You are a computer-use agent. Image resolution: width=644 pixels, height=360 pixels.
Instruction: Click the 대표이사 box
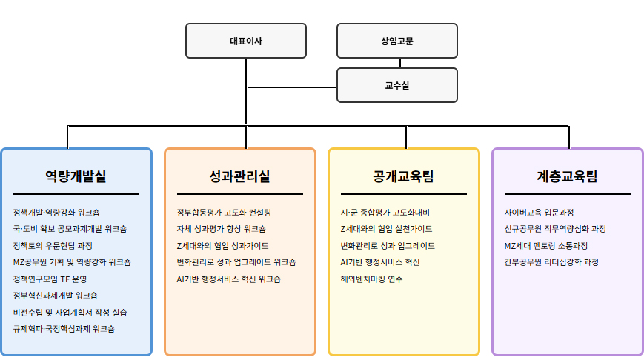pos(245,41)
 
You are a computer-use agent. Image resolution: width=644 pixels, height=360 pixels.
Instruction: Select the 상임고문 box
pos(397,41)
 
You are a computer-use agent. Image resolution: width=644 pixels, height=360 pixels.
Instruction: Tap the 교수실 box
pos(397,85)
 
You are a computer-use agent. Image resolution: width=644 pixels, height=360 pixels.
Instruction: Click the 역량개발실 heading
pos(76,176)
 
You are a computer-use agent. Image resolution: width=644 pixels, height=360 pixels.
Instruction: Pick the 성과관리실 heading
pos(240,176)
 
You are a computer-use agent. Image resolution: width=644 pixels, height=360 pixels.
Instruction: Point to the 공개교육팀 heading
pos(403,176)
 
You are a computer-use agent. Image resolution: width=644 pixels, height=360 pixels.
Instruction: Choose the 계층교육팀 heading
pos(567,176)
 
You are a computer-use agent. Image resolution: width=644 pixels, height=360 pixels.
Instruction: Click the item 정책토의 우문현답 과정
pos(53,245)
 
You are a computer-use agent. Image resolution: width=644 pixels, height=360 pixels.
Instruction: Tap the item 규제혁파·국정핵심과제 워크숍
pos(64,328)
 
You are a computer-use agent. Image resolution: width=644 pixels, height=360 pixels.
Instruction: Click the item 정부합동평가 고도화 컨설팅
pos(224,213)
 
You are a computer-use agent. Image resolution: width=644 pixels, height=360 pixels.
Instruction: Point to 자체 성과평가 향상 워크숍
pos(221,229)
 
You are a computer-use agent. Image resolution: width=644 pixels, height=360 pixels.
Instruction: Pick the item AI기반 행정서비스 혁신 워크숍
pos(228,279)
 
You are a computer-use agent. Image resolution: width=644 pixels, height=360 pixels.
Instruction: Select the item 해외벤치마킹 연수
pos(371,279)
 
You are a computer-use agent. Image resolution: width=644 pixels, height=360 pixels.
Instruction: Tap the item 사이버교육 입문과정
pos(539,213)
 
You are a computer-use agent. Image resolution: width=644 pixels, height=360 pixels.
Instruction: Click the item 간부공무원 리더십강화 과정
pos(551,262)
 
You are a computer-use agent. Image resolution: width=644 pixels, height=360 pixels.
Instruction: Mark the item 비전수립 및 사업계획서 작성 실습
pos(70,312)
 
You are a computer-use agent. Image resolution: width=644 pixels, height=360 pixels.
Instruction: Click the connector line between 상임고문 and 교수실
pos(397,63)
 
